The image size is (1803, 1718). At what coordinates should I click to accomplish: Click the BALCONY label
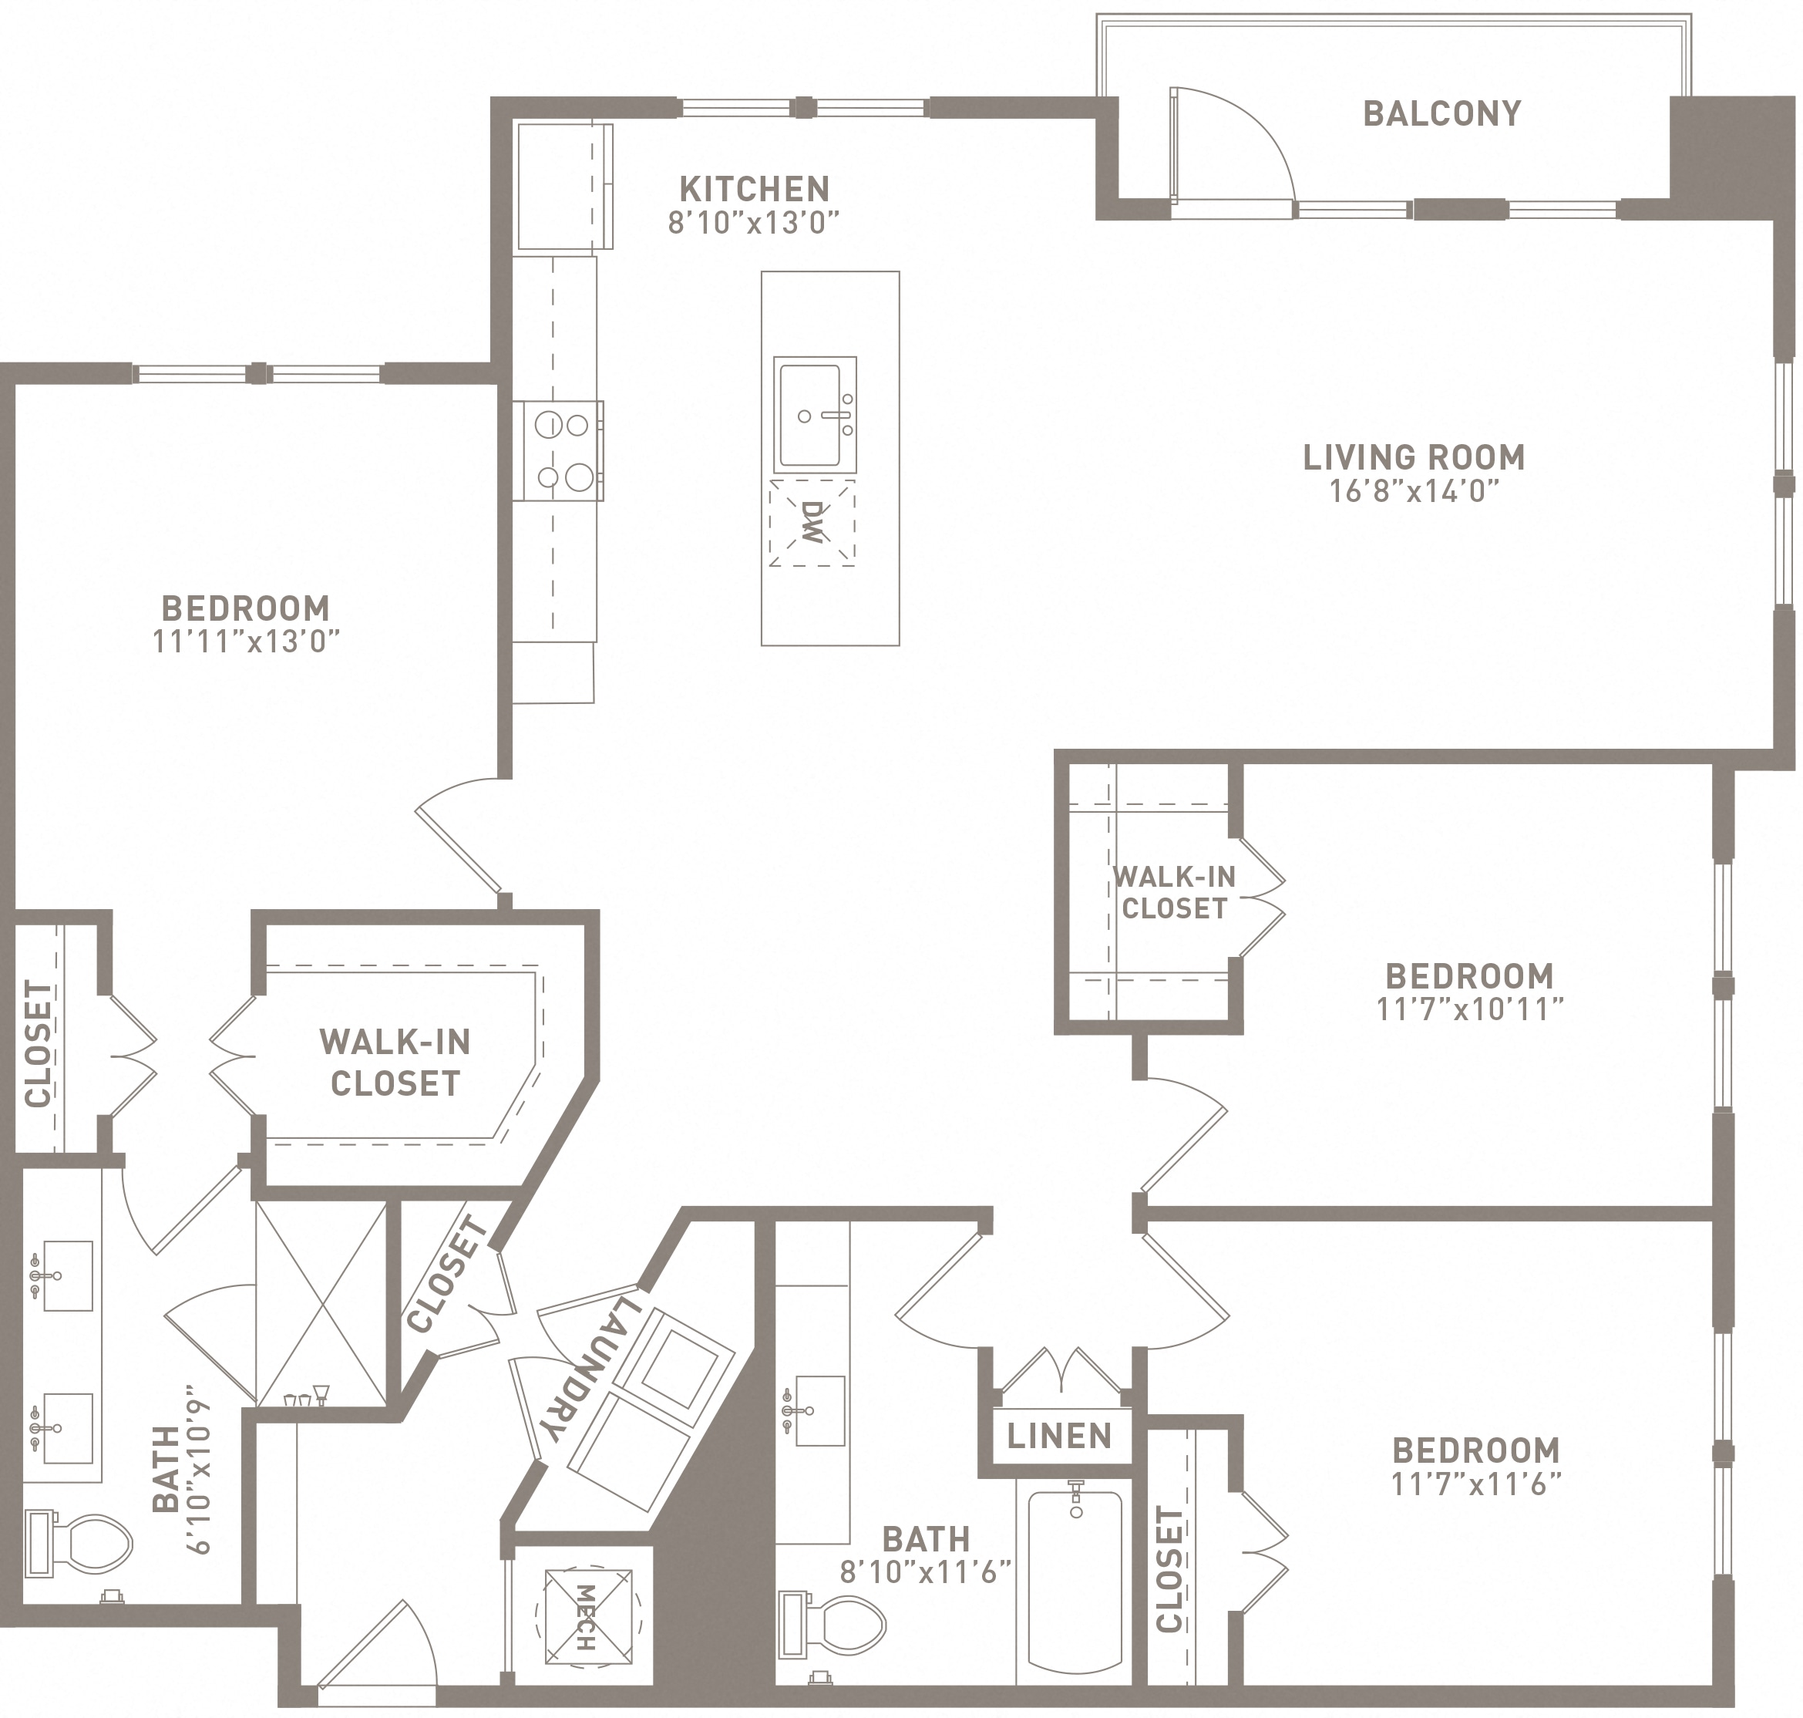[x=1442, y=113]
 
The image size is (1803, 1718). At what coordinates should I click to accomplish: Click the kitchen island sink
[x=815, y=415]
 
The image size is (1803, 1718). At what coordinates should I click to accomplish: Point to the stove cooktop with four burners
[x=557, y=450]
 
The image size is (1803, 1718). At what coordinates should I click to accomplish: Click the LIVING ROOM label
[x=1414, y=457]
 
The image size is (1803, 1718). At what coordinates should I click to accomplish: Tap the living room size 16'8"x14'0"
[x=1414, y=492]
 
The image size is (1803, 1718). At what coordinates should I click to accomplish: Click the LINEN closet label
[x=1058, y=1436]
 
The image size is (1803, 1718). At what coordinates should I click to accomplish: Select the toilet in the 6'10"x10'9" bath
[x=79, y=1543]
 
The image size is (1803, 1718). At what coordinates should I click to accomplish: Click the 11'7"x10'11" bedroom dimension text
[x=1468, y=1009]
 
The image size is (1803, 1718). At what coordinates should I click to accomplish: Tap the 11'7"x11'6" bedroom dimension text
[x=1475, y=1484]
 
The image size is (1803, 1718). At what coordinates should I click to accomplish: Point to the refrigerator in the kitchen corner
[x=564, y=187]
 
